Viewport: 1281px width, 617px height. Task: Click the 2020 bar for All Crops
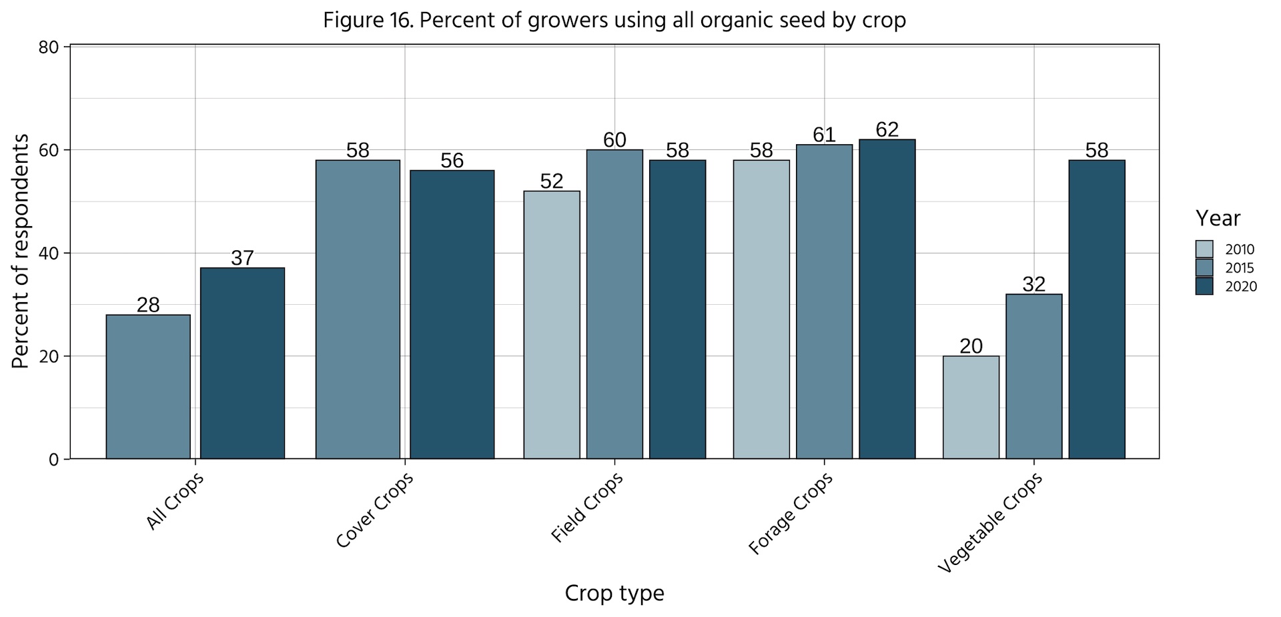[x=242, y=364]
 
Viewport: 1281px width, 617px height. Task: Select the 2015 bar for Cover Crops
[x=358, y=310]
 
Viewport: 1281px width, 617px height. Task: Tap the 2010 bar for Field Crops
[x=552, y=325]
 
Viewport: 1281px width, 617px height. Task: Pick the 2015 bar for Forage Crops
[x=824, y=301]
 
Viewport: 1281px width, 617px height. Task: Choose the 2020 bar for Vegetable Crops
[x=1097, y=310]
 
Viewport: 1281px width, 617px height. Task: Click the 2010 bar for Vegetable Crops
[x=971, y=408]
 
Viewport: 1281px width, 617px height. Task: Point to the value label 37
[x=242, y=258]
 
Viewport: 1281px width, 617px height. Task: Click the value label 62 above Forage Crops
[x=887, y=129]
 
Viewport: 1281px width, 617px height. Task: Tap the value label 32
[x=1033, y=284]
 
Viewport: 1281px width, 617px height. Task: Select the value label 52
[x=552, y=181]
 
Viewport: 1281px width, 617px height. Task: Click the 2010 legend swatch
[x=1204, y=249]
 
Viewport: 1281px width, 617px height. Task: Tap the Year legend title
[x=1218, y=218]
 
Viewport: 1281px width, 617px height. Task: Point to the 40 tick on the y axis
[x=53, y=253]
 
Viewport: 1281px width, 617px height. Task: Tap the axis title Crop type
[x=614, y=593]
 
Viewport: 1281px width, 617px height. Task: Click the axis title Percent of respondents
[x=21, y=251]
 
